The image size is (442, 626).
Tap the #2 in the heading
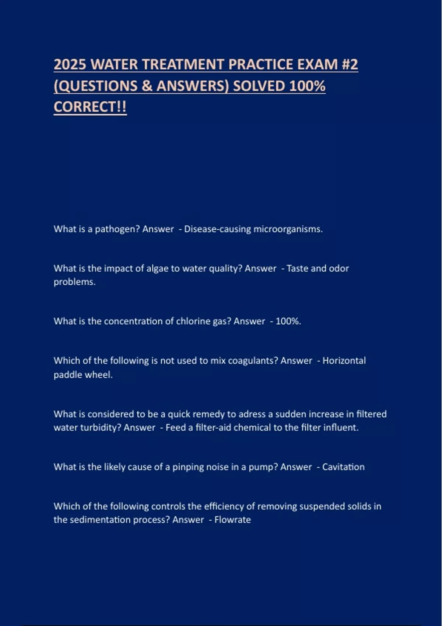click(350, 64)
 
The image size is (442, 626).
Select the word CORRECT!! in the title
click(90, 107)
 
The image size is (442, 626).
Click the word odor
click(339, 268)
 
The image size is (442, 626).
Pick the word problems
click(74, 282)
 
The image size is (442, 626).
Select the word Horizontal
click(344, 361)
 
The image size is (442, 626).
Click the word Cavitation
click(343, 467)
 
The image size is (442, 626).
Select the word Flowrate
click(232, 520)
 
